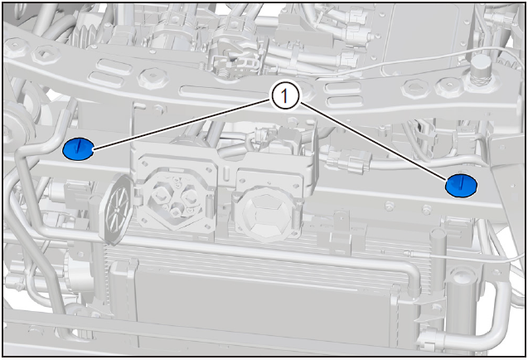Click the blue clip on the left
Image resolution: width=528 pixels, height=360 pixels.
point(78,149)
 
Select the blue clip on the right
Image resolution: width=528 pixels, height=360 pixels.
point(462,186)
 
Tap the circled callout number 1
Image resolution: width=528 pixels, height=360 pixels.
point(284,97)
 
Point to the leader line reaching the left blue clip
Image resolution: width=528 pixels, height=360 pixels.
point(182,124)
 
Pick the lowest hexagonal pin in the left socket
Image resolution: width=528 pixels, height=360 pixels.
point(175,212)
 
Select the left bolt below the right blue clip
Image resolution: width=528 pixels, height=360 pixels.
point(390,206)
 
